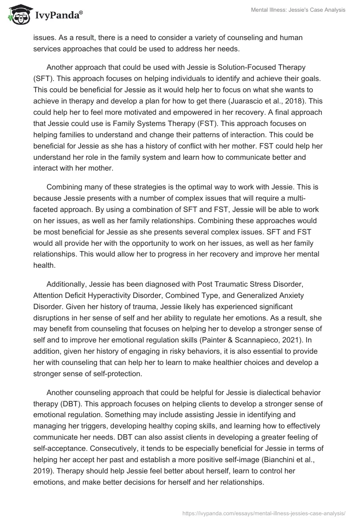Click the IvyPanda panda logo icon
pyautogui.click(x=17, y=15)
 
